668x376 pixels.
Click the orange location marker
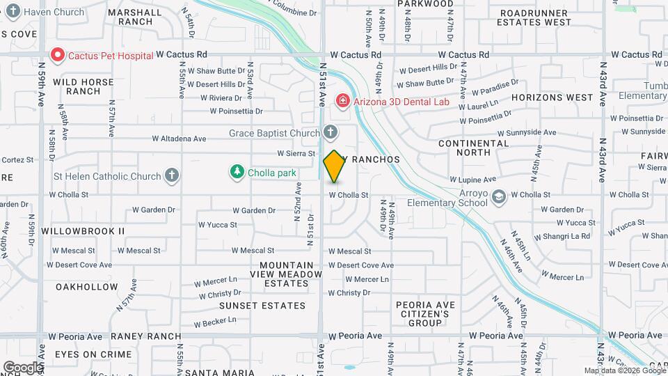tap(334, 166)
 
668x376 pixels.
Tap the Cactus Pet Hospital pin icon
tap(56, 54)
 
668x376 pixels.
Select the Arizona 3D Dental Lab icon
tap(342, 102)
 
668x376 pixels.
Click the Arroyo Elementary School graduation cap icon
tap(498, 197)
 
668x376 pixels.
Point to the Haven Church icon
tap(13, 12)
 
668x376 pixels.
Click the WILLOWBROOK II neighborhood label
tap(83, 230)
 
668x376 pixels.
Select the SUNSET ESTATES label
tap(262, 306)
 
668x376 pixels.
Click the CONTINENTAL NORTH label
tap(474, 148)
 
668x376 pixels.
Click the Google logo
tap(22, 367)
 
